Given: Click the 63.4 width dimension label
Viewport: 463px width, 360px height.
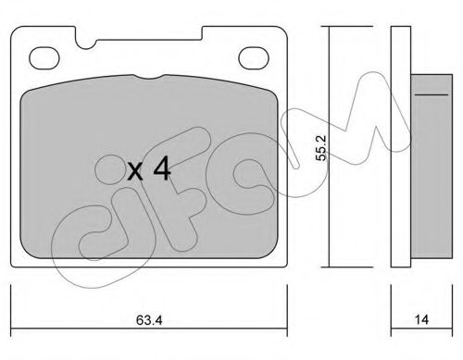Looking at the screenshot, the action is click(x=149, y=320).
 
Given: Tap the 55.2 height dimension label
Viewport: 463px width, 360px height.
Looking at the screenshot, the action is click(x=322, y=148).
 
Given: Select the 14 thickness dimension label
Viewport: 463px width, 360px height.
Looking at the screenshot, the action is click(x=421, y=319).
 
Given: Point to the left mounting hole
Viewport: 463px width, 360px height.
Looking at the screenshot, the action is click(x=44, y=58).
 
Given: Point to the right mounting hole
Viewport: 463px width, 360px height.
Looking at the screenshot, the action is click(x=254, y=58).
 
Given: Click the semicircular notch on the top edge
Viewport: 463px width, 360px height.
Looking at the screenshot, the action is click(x=86, y=44).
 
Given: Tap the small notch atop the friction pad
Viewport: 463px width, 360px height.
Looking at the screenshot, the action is click(x=149, y=77).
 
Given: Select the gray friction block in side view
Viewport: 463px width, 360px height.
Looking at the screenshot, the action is click(x=432, y=166).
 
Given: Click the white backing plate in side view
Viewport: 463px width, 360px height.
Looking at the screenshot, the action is click(x=401, y=147).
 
